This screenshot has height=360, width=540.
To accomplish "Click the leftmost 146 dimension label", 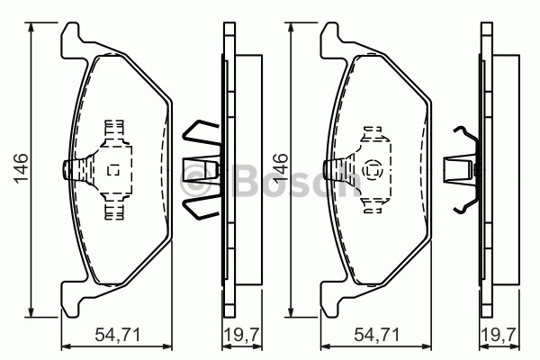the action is click(x=21, y=168).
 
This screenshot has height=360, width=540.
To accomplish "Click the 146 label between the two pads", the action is click(x=280, y=168).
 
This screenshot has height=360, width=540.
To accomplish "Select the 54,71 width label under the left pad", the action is click(x=117, y=335).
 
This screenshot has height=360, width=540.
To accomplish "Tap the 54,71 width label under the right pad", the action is click(x=377, y=335).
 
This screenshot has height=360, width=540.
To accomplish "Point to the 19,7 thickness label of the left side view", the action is click(x=242, y=335).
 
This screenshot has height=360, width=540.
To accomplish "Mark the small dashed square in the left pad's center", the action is click(x=113, y=170).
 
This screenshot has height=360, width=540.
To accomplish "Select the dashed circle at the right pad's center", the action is click(x=373, y=170).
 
